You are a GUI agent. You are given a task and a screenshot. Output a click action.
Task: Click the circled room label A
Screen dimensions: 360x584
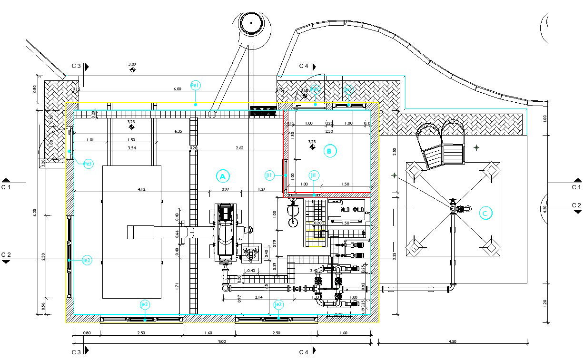222,176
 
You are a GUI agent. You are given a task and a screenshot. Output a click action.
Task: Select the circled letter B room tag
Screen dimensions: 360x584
329,151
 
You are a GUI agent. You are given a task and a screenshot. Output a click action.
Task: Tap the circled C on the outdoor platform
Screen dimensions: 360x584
485,213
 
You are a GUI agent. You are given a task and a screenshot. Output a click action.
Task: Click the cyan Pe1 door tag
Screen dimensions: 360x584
195,86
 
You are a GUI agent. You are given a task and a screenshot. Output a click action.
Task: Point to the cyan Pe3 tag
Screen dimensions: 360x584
88,164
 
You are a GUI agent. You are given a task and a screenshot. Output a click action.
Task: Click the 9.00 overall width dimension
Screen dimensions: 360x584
222,341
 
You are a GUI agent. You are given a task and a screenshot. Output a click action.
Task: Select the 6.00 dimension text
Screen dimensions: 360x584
177,89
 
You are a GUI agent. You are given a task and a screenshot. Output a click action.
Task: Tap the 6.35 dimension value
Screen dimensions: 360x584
178,131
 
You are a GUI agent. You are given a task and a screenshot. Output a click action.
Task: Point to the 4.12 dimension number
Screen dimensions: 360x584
141,189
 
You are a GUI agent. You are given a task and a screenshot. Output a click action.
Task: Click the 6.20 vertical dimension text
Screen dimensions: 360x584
43,212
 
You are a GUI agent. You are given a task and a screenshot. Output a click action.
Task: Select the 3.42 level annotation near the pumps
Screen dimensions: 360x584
314,271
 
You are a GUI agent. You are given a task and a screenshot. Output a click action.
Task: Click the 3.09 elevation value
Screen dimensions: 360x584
132,64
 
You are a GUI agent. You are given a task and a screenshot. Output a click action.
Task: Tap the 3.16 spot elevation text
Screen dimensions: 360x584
304,90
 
